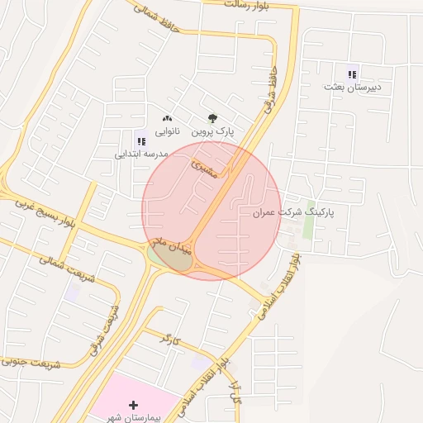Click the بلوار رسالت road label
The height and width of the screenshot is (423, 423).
coord(259,4)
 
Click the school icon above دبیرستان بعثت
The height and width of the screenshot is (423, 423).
coord(353,73)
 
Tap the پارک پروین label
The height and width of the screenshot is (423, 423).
coord(213,131)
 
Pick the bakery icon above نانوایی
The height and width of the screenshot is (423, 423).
coord(168,119)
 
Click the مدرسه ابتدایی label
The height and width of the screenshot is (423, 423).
coord(141,154)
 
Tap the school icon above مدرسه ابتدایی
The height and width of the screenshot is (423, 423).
coord(140,140)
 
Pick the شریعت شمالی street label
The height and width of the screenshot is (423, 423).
coord(66,267)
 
